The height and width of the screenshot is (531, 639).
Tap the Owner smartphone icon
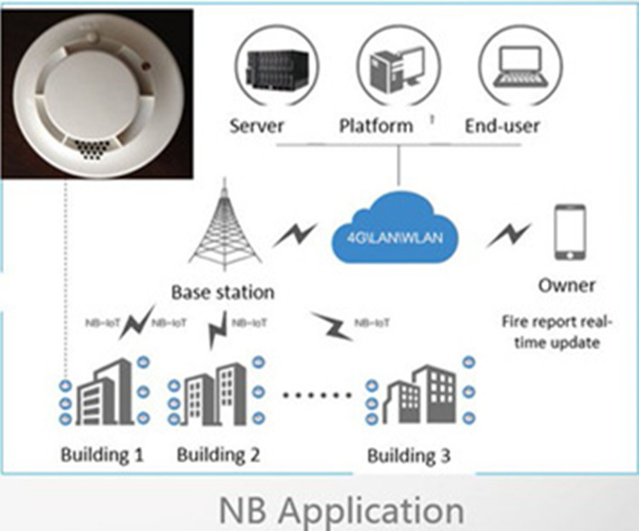(x=568, y=232)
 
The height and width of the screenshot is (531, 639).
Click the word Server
(x=256, y=126)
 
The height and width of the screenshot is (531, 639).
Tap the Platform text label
(x=376, y=126)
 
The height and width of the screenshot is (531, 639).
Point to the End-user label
(x=502, y=126)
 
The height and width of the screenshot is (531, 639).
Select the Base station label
(x=222, y=292)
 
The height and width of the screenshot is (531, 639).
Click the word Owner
(x=567, y=285)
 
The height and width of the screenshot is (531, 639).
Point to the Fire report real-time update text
(x=558, y=332)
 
